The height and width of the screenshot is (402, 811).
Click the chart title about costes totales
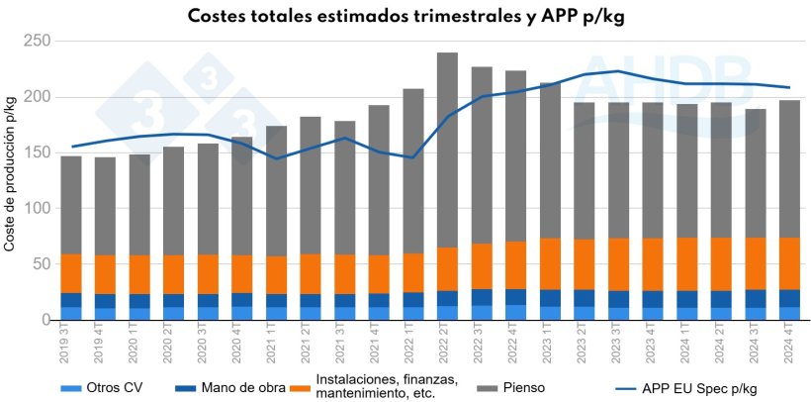(405, 17)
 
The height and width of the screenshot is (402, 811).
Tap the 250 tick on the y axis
(37, 41)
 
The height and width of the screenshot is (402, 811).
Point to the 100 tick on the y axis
(37, 209)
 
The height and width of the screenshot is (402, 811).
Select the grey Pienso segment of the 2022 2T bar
(447, 150)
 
